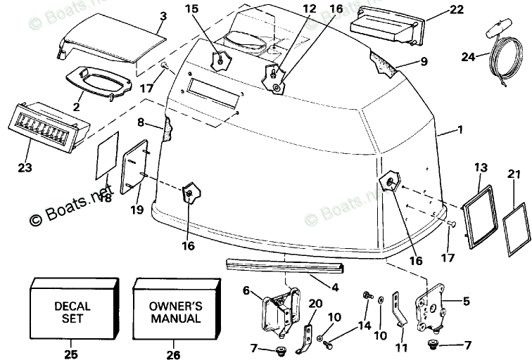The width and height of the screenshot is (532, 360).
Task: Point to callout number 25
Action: coord(71,353)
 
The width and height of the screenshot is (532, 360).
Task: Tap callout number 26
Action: coord(174,353)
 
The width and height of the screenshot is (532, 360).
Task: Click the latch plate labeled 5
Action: coord(431,304)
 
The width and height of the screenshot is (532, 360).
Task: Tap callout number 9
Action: coord(424,60)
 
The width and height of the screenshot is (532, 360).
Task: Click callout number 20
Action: coord(316,303)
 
